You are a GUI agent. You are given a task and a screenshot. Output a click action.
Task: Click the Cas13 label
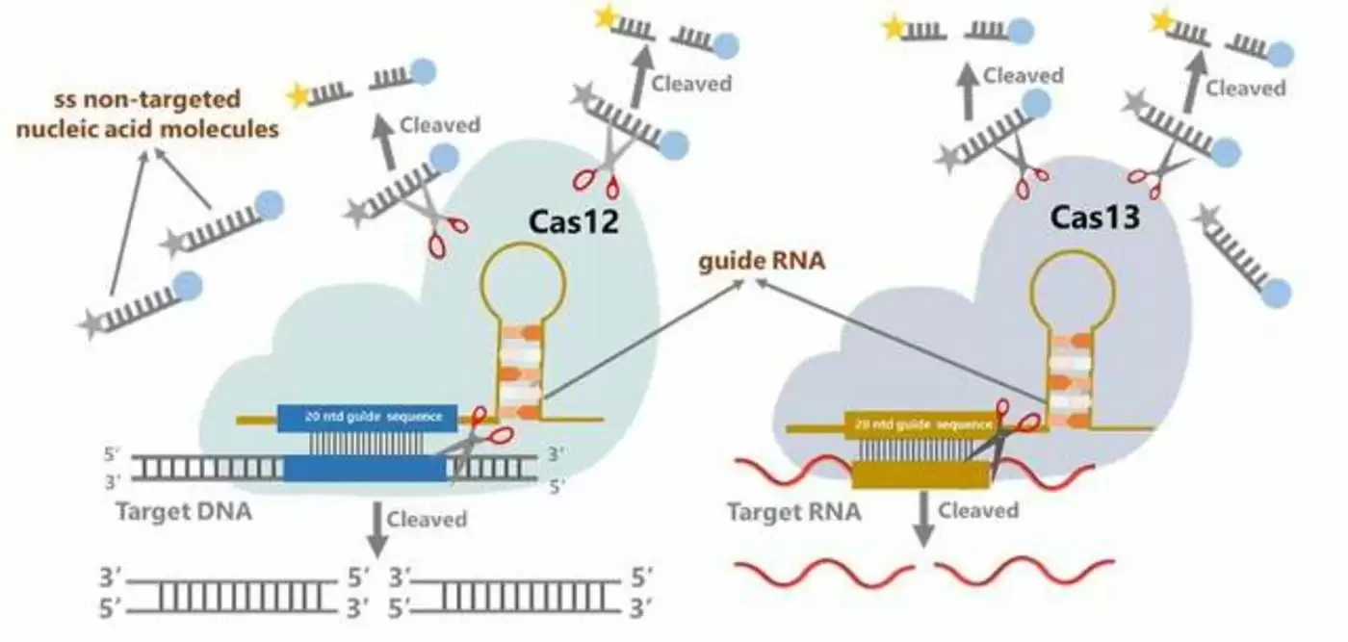click(1094, 218)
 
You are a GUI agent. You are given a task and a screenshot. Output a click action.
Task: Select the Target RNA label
click(794, 511)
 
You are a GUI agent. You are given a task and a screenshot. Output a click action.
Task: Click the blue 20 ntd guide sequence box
click(367, 418)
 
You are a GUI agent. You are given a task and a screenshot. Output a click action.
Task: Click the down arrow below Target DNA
click(377, 528)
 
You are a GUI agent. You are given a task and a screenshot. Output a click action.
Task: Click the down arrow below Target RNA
click(923, 521)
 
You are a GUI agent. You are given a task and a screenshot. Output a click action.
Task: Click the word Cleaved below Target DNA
click(427, 520)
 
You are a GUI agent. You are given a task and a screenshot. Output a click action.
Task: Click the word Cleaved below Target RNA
click(978, 510)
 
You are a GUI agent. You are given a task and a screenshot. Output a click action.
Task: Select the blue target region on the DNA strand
click(365, 469)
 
